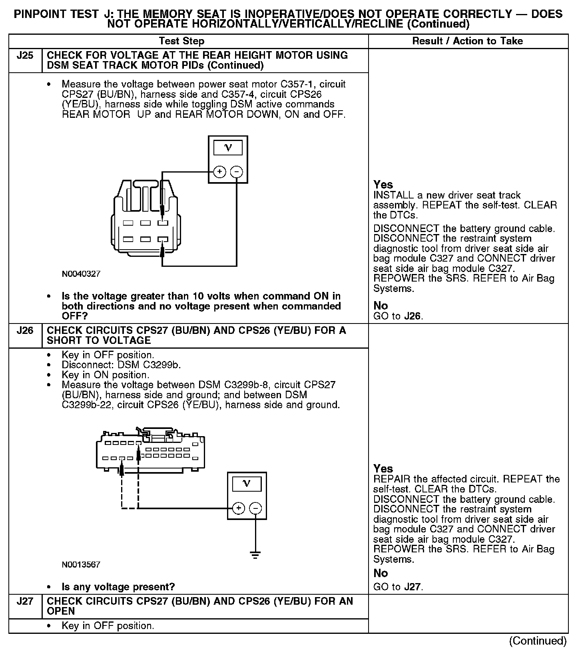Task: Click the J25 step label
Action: [x=25, y=56]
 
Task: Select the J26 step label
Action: [x=25, y=331]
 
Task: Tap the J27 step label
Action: [x=25, y=601]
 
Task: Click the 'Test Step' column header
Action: [x=181, y=41]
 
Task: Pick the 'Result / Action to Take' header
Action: [x=467, y=41]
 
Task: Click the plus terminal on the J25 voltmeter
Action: [x=219, y=172]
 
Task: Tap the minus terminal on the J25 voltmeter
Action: [x=237, y=172]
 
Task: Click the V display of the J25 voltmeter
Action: [x=228, y=148]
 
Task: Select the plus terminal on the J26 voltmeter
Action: [x=238, y=508]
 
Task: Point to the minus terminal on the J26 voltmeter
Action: [x=255, y=508]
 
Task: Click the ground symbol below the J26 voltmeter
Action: [x=255, y=555]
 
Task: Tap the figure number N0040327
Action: [x=81, y=274]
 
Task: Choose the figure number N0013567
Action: [x=81, y=564]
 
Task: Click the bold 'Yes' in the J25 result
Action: [x=383, y=185]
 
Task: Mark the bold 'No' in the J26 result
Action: [x=381, y=573]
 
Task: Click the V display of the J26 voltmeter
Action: [x=247, y=484]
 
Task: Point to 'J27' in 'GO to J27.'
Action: [x=413, y=587]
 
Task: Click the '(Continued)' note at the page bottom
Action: [x=538, y=641]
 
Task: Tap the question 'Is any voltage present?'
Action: [x=118, y=587]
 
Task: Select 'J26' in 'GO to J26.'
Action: [x=413, y=316]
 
